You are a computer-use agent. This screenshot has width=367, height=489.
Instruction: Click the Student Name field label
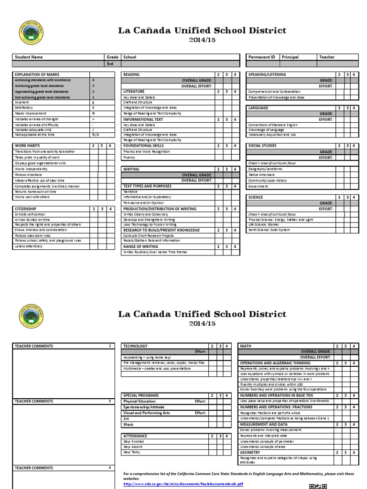pos(29,57)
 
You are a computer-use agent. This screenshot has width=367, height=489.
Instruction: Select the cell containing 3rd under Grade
pos(112,64)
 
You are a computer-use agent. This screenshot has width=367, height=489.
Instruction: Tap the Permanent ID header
pos(261,57)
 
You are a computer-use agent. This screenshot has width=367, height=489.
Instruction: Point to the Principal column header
pos(290,57)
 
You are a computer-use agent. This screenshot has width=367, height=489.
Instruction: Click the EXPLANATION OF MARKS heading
pos(37,75)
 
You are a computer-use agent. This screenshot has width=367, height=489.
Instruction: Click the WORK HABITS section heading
pos(27,145)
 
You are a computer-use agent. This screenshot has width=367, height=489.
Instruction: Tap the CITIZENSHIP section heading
pos(26,209)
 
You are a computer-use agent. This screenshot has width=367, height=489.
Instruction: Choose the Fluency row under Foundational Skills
pos(130,157)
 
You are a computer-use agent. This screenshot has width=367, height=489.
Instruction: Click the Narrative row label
pos(130,191)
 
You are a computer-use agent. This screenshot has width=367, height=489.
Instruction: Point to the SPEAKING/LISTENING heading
pos(267,75)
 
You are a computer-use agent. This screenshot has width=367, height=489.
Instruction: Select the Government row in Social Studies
pos(258,186)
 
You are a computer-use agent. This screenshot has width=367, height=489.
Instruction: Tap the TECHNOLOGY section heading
pos(135,346)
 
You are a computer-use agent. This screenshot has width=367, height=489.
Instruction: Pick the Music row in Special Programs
pos(128,424)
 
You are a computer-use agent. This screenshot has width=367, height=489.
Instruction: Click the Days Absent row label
pos(133,446)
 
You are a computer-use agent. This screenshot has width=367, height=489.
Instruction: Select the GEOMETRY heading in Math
pos(250,452)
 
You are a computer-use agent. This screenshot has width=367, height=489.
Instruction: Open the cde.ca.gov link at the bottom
pos(183,484)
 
